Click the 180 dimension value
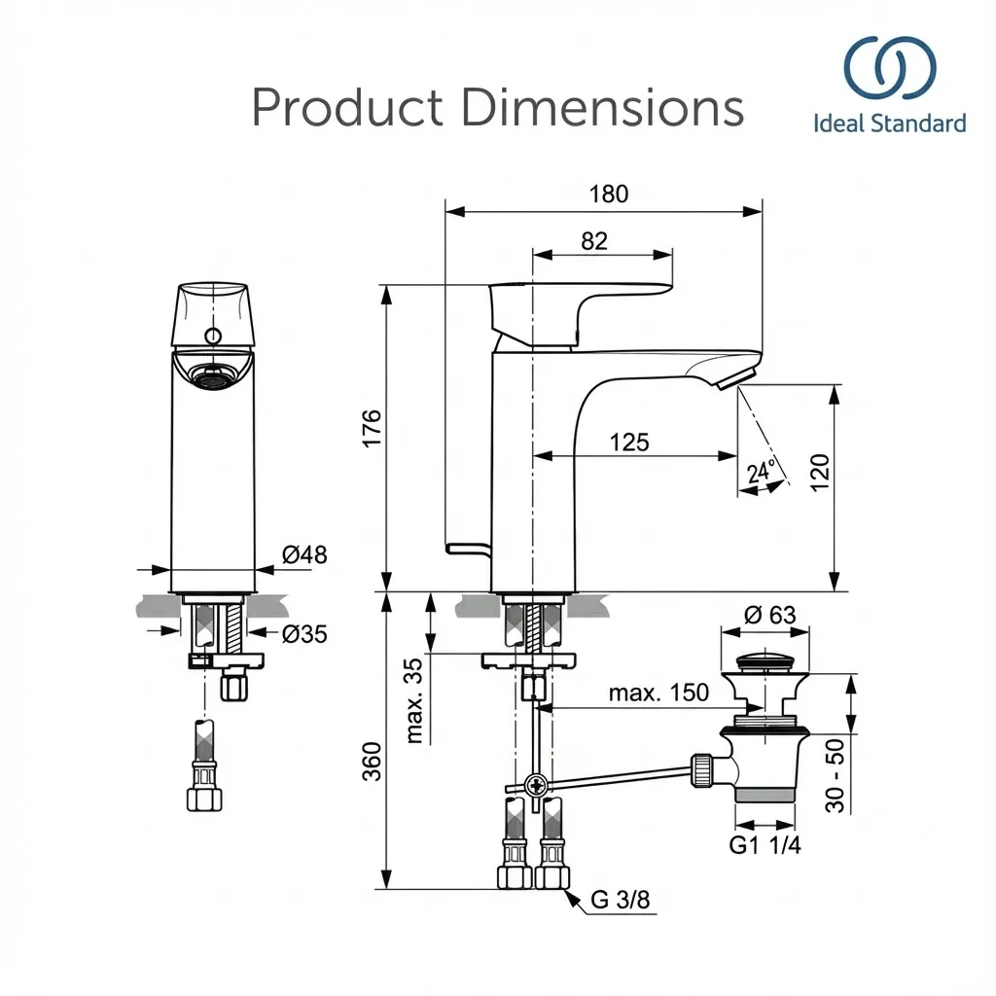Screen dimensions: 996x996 [609, 194]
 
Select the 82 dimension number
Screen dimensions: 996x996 [594, 240]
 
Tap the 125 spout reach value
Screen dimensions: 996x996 [629, 443]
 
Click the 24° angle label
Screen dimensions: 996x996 [761, 472]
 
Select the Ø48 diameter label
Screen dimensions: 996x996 [304, 555]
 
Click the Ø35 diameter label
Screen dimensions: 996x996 [304, 634]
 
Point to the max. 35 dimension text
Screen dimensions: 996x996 [414, 700]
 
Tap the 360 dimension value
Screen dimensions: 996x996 [371, 760]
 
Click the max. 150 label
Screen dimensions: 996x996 [658, 694]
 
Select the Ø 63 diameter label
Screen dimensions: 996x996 [768, 615]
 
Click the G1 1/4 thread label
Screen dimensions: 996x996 [765, 845]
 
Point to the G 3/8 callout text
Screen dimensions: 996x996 [620, 901]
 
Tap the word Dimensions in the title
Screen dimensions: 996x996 [602, 108]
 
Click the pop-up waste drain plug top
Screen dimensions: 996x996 [765, 663]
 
